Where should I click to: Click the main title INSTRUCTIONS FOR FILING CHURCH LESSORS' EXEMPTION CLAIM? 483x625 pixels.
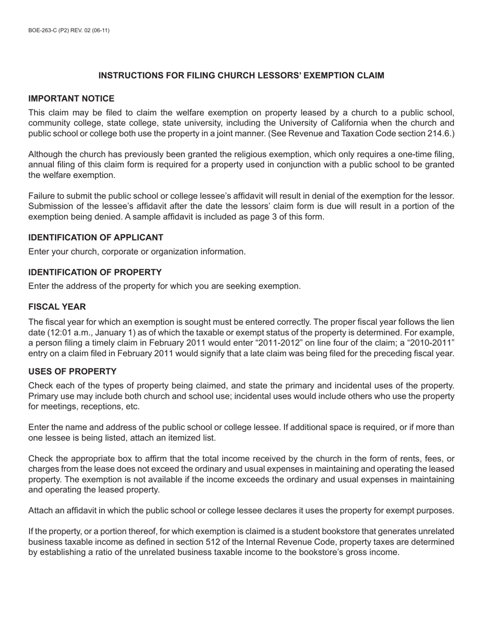coord(241,76)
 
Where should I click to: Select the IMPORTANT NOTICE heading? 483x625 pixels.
coord(71,99)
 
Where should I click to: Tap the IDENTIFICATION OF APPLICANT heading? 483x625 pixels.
coord(96,238)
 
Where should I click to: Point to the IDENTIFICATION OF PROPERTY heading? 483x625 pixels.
coord(95,272)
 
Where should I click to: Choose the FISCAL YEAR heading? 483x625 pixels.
coord(57,307)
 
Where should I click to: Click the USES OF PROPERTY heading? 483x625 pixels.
coord(72,371)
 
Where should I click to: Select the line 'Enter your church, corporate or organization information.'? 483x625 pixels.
coord(137,252)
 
